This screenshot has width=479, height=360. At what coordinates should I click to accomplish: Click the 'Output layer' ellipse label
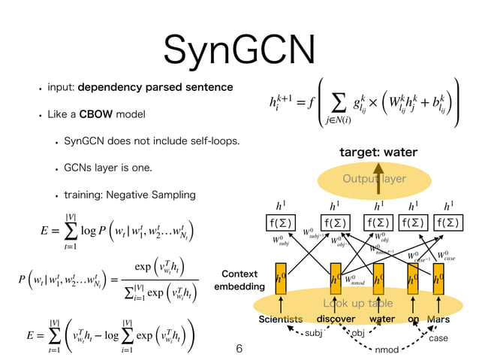pos(374,179)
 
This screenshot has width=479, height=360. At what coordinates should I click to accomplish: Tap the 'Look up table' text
pos(358,304)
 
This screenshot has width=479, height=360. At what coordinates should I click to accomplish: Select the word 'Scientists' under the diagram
pos(280,319)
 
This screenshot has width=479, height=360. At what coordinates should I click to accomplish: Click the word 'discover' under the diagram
pos(336,319)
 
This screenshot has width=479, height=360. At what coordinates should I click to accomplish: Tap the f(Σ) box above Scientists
pos(282,222)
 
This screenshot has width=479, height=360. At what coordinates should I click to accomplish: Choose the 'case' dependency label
pos(438,338)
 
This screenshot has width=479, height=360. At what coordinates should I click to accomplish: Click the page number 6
pos(239,349)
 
